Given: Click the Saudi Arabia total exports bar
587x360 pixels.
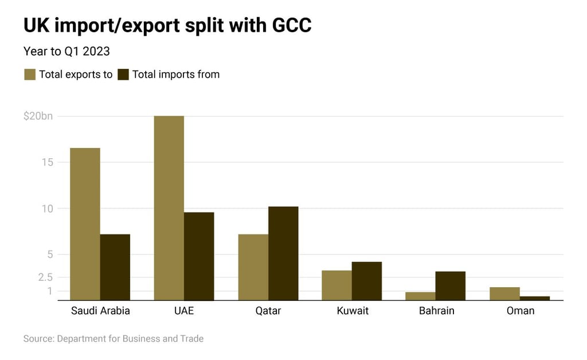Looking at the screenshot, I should click(x=85, y=224).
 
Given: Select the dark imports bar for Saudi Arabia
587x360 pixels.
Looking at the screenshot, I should click(x=115, y=267).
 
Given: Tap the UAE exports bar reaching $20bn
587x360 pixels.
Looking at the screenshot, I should click(x=169, y=208).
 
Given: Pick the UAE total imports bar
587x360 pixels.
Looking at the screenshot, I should click(x=199, y=256).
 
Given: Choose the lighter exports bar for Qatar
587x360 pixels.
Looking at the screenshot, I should click(x=253, y=267).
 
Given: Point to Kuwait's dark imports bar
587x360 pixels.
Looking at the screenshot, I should click(x=367, y=281).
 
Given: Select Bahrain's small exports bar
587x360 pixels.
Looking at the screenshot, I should click(x=420, y=296).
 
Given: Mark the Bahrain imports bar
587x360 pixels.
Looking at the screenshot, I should click(x=451, y=285).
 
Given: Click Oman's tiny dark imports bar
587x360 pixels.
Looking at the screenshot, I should click(x=535, y=298).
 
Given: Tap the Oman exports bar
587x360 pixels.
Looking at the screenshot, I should click(x=504, y=294).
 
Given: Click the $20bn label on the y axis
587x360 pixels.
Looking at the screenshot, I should click(x=38, y=116).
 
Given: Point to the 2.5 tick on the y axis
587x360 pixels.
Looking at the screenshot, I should click(x=45, y=277).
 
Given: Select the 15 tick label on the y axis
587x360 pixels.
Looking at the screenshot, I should click(x=48, y=162).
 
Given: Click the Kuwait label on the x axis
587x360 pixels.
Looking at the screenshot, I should click(x=353, y=311).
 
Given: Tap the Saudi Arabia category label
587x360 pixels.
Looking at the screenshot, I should click(x=100, y=311).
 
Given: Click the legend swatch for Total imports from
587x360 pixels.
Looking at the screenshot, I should click(x=123, y=75).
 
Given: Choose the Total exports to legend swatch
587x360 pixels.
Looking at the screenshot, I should click(x=29, y=75).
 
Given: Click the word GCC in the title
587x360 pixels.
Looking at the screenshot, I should click(x=289, y=26).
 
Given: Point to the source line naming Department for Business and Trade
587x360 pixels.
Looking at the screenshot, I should click(x=114, y=339).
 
